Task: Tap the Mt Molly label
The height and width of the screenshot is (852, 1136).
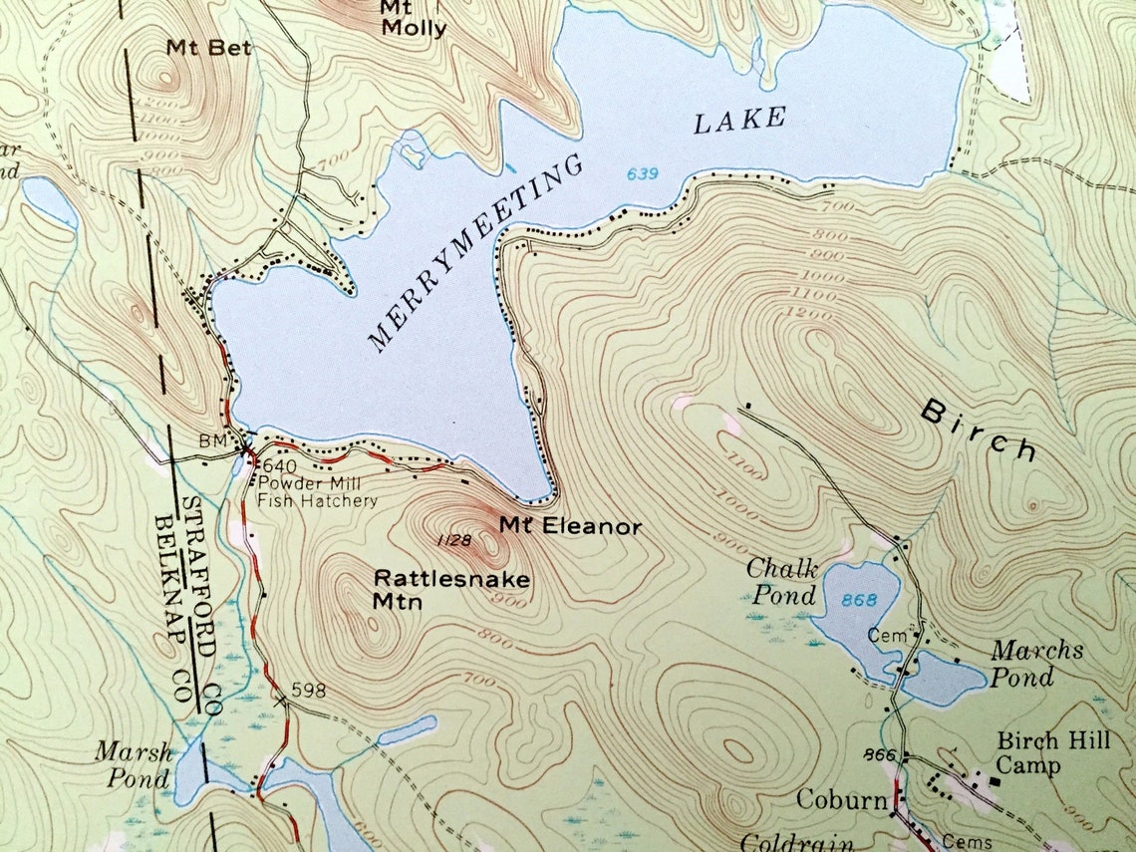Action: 413,18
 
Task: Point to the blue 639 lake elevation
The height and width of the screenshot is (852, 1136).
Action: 643,174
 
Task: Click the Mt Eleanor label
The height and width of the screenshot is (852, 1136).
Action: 570,525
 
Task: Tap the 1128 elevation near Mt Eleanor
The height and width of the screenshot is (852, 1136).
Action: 454,539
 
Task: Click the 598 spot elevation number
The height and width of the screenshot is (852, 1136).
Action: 309,691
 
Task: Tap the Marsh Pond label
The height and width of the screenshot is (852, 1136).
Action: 134,764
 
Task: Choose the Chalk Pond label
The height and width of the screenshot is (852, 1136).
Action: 783,582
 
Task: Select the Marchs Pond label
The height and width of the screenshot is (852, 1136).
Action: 1035,663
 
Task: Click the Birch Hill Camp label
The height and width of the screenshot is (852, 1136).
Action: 1041,753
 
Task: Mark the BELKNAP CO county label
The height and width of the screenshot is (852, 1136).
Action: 174,610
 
